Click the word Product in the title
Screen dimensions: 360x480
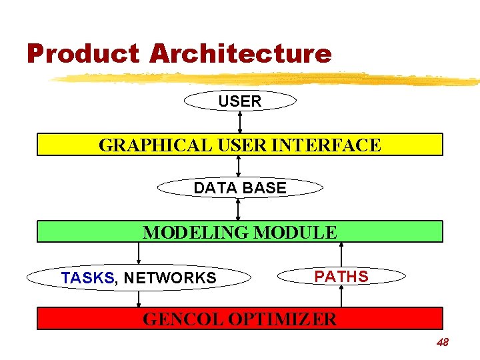click(83, 53)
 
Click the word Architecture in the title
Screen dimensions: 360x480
click(241, 53)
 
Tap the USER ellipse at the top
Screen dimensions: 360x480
click(240, 101)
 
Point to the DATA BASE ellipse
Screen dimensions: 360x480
click(240, 188)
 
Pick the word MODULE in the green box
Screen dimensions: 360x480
click(296, 232)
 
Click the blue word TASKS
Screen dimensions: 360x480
click(87, 277)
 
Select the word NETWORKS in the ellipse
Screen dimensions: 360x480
click(170, 277)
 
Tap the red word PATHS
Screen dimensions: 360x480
click(341, 276)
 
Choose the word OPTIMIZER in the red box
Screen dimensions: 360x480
click(283, 319)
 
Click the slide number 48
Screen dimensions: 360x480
click(442, 343)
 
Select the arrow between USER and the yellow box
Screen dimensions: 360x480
click(240, 122)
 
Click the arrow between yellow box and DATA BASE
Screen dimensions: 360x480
click(238, 167)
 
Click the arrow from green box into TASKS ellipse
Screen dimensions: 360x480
click(139, 253)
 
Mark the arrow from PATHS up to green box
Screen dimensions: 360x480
click(341, 253)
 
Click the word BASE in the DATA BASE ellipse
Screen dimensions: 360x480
click(265, 188)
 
